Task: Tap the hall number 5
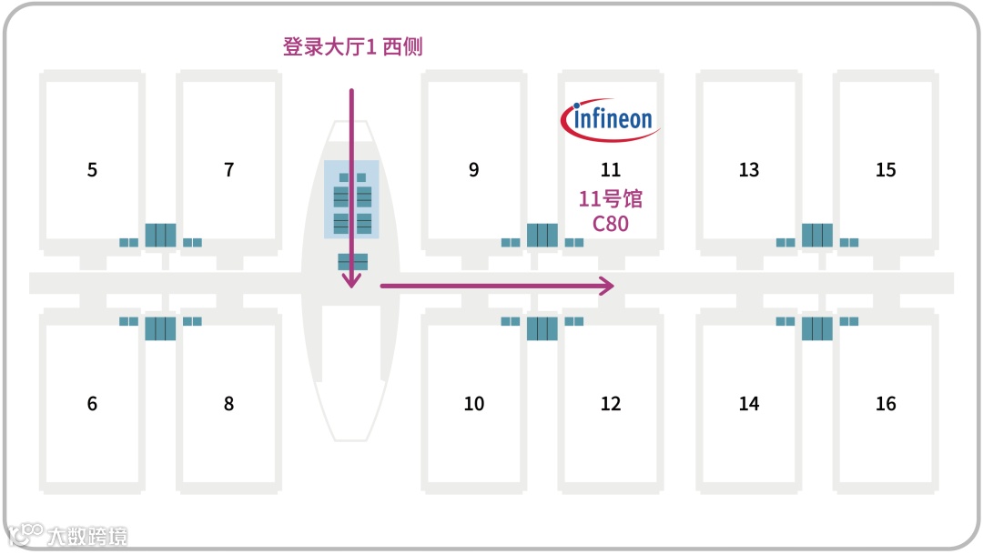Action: click(x=92, y=170)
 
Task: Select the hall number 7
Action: click(x=228, y=170)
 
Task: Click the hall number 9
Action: click(x=473, y=170)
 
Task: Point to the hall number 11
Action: click(x=611, y=170)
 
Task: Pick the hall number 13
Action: click(x=749, y=170)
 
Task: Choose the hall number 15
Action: click(x=886, y=170)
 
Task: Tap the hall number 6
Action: click(x=92, y=404)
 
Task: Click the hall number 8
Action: click(x=228, y=404)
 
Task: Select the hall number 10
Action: click(x=474, y=404)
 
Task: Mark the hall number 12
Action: click(x=611, y=404)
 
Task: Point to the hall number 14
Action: click(x=749, y=404)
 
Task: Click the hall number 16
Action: click(x=886, y=404)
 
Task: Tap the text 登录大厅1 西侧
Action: click(x=352, y=47)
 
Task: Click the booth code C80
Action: click(x=611, y=223)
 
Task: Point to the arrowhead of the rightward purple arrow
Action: click(x=608, y=286)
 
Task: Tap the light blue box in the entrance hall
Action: click(x=351, y=199)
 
